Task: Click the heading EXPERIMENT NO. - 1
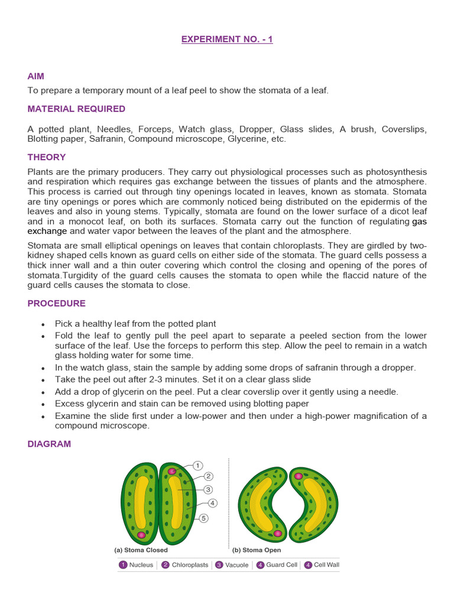226,40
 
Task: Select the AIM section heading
35,76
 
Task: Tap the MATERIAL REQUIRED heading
76,109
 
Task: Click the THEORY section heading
47,157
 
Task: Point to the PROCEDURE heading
57,303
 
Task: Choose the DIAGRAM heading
49,444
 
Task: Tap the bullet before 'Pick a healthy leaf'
43,324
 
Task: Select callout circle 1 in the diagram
198,466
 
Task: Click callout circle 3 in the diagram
208,489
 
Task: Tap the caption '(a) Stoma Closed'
141,550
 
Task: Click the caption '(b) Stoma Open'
256,550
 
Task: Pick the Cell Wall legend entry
322,565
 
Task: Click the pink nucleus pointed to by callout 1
172,471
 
